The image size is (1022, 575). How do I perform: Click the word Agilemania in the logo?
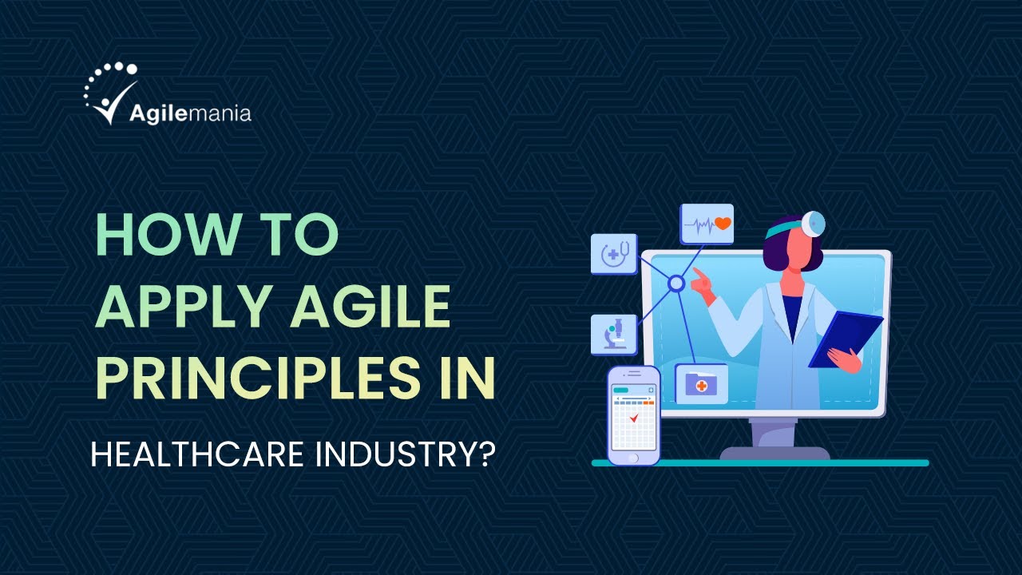[190, 113]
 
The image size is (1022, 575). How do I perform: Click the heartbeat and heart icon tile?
[707, 224]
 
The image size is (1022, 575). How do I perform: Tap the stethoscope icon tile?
[614, 254]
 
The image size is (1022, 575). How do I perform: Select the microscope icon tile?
[614, 335]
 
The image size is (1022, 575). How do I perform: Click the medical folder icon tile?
[701, 384]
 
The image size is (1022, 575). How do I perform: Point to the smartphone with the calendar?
[634, 415]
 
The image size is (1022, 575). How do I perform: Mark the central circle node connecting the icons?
[676, 283]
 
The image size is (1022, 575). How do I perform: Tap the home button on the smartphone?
[634, 458]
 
